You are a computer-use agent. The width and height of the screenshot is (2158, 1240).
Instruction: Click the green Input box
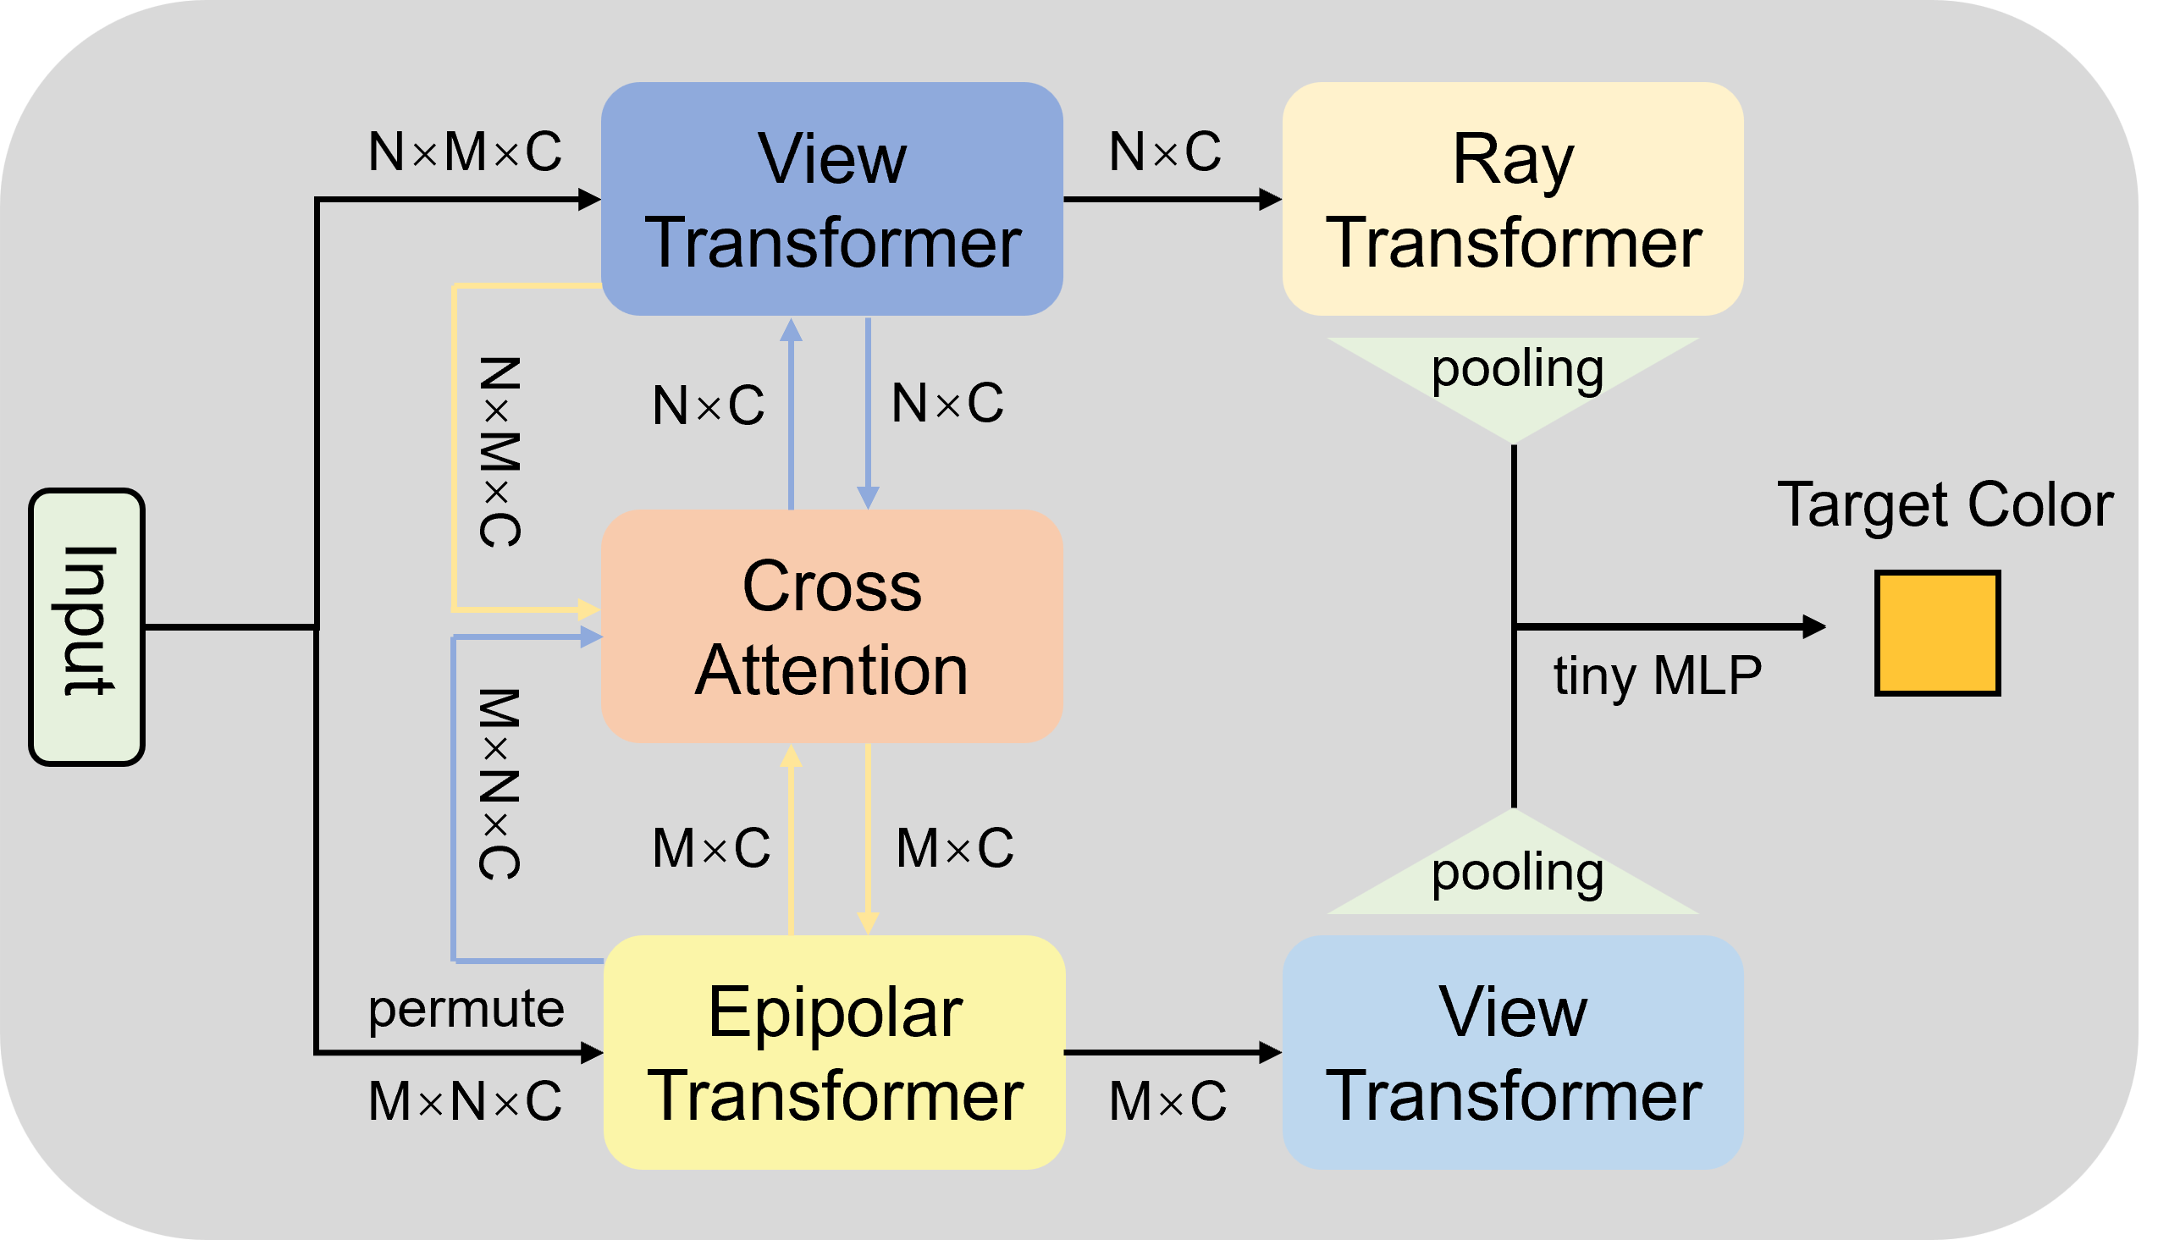(86, 627)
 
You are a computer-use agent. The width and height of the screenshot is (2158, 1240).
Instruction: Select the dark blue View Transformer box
(831, 199)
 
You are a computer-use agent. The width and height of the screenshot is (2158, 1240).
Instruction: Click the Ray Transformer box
(1513, 199)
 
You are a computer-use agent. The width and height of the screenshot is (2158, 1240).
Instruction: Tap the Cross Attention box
(831, 627)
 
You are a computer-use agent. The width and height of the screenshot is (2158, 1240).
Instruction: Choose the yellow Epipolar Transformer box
(834, 1053)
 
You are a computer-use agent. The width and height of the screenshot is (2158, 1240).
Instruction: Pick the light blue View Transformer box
(1513, 1053)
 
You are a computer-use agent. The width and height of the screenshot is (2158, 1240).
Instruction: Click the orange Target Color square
(1936, 633)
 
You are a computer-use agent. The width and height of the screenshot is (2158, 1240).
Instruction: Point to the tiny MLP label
(1658, 676)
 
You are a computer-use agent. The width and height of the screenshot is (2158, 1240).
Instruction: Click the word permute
(466, 1009)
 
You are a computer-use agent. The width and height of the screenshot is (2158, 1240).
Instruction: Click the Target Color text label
(1946, 506)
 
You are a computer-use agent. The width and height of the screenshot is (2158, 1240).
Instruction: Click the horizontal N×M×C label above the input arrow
(465, 152)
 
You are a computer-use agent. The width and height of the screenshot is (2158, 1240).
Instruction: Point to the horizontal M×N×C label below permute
(465, 1101)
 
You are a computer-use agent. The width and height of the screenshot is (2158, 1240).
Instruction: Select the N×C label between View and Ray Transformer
(1165, 152)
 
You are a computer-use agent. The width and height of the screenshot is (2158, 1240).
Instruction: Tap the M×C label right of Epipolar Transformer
(1167, 1101)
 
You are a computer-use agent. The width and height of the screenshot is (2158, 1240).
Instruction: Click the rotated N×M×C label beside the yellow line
(499, 452)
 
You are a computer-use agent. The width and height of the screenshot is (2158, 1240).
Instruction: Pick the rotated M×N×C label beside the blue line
(499, 785)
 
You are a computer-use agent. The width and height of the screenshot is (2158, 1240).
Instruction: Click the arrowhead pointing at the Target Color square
(1814, 627)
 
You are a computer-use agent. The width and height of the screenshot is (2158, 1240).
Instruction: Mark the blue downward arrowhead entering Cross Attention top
(868, 498)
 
